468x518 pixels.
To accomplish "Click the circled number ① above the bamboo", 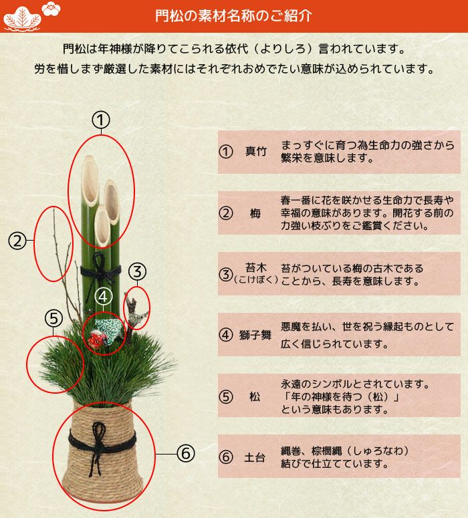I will click(x=101, y=120).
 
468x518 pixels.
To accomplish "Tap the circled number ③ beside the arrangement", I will click(x=137, y=271).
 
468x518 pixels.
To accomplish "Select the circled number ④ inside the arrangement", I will click(x=103, y=296).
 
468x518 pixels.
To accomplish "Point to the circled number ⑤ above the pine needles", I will click(x=54, y=319).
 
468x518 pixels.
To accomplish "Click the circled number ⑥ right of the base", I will click(x=185, y=455).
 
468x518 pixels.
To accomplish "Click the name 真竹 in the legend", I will click(x=255, y=152).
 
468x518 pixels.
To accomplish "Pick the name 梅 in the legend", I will click(x=255, y=214).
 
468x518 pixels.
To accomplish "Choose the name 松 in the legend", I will click(x=255, y=396).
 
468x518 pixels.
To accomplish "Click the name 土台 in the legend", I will click(x=255, y=458).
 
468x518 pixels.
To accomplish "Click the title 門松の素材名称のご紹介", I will click(x=233, y=16).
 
